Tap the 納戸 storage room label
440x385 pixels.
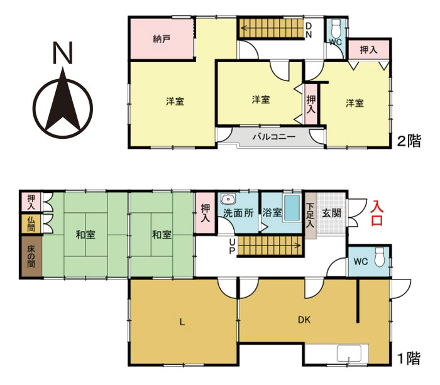162,39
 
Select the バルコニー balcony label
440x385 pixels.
274,137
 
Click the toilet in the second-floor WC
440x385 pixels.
336,28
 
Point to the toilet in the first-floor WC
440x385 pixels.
379,257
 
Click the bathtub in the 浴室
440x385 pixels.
292,208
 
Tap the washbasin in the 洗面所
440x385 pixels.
228,198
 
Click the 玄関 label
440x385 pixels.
331,213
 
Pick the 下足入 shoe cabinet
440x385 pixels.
311,215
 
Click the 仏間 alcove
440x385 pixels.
31,224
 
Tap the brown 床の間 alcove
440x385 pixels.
31,257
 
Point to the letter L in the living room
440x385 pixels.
182,322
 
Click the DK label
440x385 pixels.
304,320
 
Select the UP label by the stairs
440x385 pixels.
232,246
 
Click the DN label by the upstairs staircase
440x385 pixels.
309,30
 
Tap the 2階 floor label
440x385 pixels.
409,141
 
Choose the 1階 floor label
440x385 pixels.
409,358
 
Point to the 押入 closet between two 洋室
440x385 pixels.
311,104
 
